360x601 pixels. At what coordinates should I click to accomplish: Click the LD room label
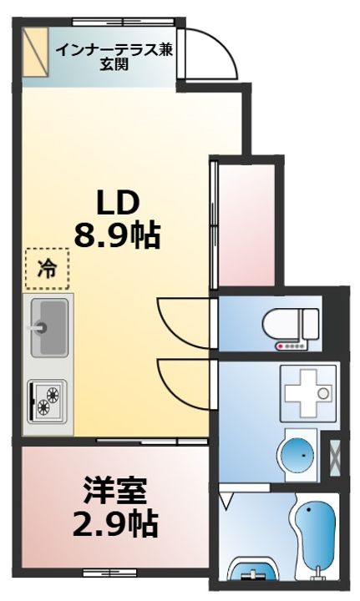click(x=117, y=203)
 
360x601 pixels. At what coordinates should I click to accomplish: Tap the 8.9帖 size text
click(x=117, y=235)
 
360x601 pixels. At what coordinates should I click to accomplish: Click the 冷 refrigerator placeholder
click(x=48, y=269)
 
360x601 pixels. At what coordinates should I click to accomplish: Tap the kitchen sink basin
click(x=50, y=327)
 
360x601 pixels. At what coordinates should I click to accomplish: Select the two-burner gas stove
click(x=47, y=401)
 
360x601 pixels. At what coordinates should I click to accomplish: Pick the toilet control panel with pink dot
click(x=292, y=346)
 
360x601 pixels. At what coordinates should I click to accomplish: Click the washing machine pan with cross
click(x=308, y=393)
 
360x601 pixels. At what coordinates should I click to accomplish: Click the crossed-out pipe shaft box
click(x=335, y=458)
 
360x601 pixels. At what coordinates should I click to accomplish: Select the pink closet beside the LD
click(x=246, y=225)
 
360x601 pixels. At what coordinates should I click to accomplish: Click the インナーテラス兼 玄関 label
click(x=114, y=57)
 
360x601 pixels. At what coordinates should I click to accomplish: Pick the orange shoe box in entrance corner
click(x=35, y=52)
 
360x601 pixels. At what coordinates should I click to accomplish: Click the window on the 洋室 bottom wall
click(x=110, y=573)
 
